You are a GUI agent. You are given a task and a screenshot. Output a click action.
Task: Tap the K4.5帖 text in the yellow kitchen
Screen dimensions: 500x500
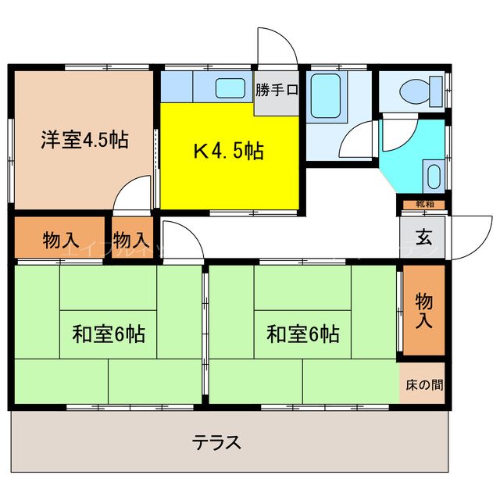(228, 151)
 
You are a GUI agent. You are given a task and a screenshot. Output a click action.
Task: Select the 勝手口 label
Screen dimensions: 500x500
(277, 90)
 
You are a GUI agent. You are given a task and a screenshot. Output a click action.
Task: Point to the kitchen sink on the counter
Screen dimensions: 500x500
(229, 87)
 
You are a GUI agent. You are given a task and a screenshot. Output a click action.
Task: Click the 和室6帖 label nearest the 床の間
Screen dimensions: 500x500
(302, 334)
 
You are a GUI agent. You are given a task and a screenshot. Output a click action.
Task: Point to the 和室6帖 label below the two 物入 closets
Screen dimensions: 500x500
(109, 334)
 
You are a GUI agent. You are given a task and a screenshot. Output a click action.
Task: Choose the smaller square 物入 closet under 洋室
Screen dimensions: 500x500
(133, 240)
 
